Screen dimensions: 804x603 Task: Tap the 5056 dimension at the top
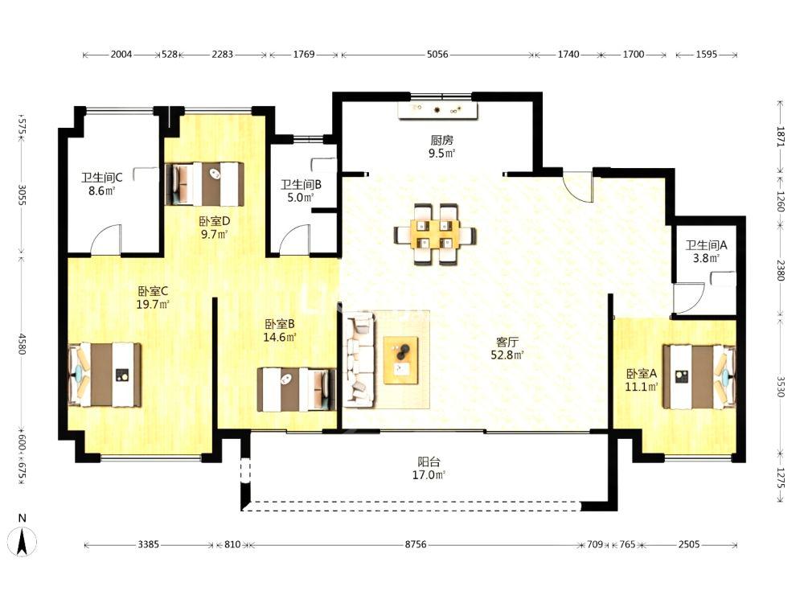pyautogui.click(x=437, y=55)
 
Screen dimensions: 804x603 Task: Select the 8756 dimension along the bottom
pyautogui.click(x=416, y=544)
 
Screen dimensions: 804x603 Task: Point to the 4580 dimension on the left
pyautogui.click(x=22, y=344)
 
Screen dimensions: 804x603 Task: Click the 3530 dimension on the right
pyautogui.click(x=781, y=387)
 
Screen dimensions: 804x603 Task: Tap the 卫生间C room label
pyautogui.click(x=101, y=178)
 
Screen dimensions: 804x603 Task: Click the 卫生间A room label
pyautogui.click(x=706, y=245)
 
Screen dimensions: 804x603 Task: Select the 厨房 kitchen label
pyautogui.click(x=441, y=140)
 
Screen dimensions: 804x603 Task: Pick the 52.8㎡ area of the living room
pyautogui.click(x=507, y=355)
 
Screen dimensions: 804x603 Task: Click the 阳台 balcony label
pyautogui.click(x=429, y=462)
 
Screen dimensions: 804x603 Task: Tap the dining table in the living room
pyautogui.click(x=435, y=235)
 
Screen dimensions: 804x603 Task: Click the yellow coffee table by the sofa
pyautogui.click(x=400, y=360)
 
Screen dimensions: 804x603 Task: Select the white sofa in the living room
pyautogui.click(x=359, y=359)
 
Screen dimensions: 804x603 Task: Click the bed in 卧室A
pyautogui.click(x=699, y=377)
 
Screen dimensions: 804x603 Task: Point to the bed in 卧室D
pyautogui.click(x=204, y=184)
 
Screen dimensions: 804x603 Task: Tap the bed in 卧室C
pyautogui.click(x=105, y=375)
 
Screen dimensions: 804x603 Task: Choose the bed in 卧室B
pyautogui.click(x=297, y=389)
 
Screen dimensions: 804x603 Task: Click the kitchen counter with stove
pyautogui.click(x=439, y=110)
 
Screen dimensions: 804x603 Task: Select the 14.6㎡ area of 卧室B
pyautogui.click(x=280, y=337)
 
